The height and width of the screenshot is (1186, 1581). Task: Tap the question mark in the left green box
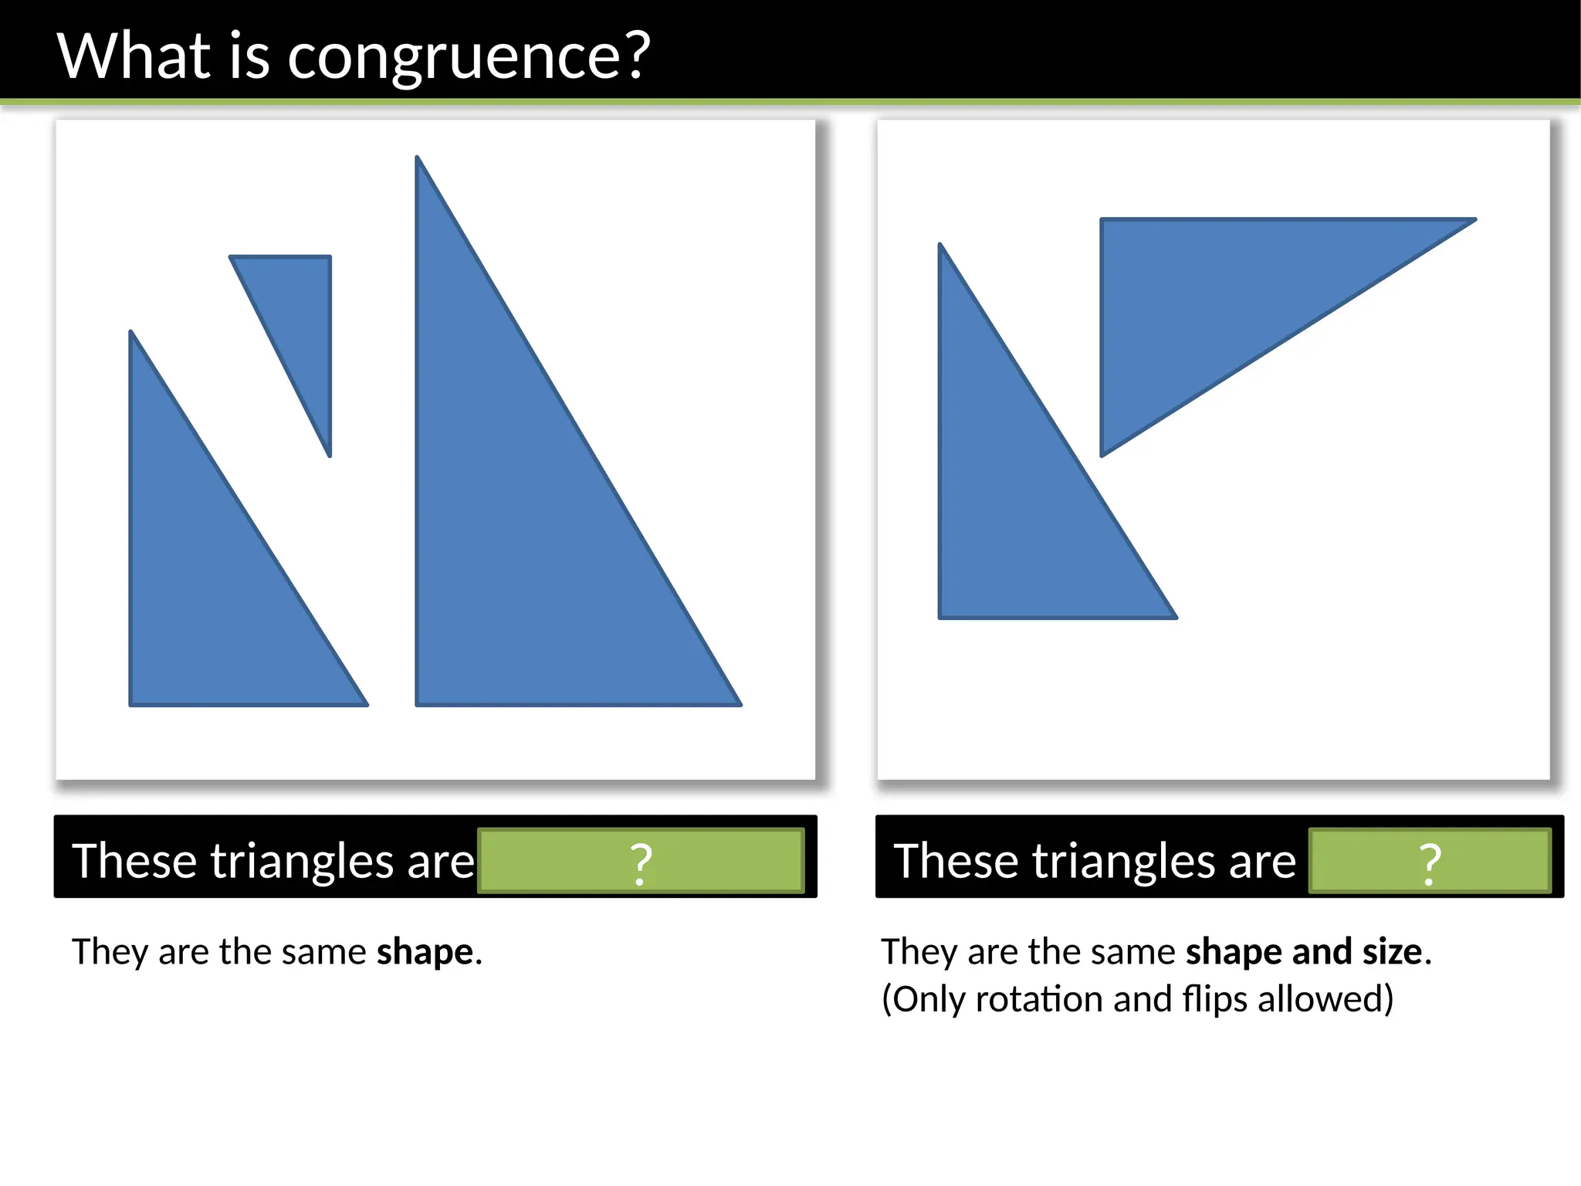tap(641, 863)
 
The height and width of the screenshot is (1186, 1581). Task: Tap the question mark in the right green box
tap(1430, 863)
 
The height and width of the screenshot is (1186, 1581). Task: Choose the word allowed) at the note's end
tap(1325, 1000)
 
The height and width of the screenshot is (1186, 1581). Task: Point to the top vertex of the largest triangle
tap(418, 158)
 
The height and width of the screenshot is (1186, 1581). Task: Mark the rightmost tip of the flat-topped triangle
tap(1474, 221)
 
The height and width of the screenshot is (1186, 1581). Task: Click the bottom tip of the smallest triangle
tap(330, 455)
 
